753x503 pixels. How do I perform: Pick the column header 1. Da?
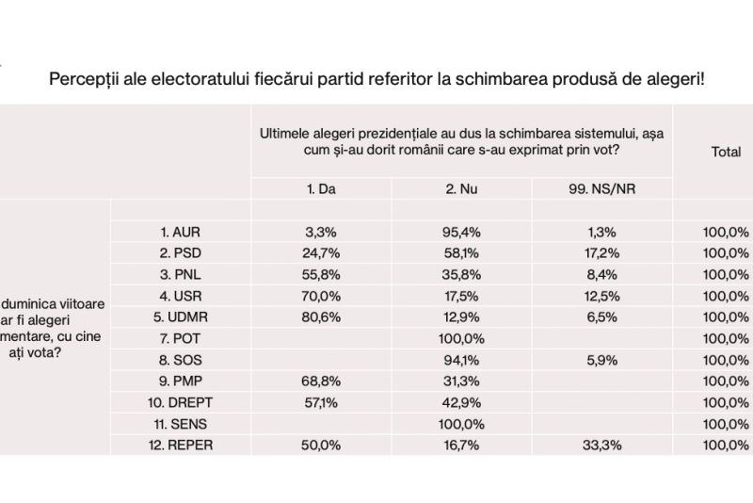(321, 188)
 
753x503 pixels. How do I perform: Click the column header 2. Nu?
(461, 188)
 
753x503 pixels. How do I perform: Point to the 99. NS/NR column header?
(602, 188)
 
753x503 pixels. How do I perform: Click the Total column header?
(725, 151)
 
